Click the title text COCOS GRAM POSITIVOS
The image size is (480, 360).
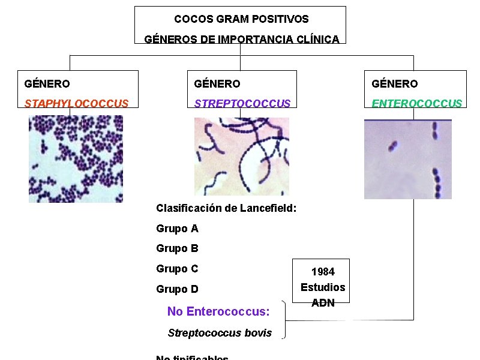(241, 20)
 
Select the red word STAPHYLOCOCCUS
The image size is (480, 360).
(76, 103)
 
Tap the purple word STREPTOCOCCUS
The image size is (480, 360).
(242, 103)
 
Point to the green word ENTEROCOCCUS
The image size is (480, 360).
(417, 103)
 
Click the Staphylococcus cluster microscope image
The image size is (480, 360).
(76, 159)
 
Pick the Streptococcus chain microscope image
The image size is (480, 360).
(241, 156)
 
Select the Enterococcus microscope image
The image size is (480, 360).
(407, 159)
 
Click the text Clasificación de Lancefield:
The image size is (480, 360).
(226, 208)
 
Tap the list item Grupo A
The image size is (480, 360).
(177, 229)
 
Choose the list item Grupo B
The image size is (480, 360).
(177, 248)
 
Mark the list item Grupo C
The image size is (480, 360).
(177, 269)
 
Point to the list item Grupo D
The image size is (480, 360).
(177, 289)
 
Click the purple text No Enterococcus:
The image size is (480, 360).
(218, 311)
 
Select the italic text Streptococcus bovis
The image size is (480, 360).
(220, 333)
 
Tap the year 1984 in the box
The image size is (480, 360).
(323, 272)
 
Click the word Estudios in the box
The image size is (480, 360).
(323, 287)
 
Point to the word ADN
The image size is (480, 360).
(323, 303)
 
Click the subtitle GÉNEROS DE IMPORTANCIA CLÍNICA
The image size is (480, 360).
(241, 40)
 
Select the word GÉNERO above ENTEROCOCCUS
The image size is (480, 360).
(394, 84)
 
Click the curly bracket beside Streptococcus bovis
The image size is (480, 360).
(284, 320)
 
